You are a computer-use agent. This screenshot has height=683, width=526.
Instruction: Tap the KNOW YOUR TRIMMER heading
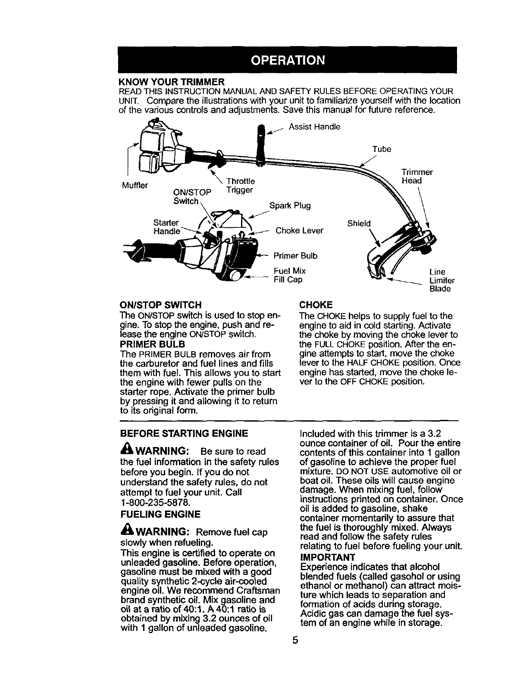click(x=171, y=81)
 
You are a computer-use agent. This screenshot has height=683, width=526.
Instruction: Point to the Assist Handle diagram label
click(x=314, y=127)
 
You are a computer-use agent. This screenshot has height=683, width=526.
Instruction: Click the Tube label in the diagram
click(x=382, y=149)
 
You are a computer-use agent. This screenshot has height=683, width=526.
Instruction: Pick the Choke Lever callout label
click(x=299, y=230)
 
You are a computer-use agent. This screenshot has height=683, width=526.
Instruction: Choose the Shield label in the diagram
click(x=359, y=224)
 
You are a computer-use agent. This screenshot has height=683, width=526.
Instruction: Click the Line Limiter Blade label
click(x=441, y=280)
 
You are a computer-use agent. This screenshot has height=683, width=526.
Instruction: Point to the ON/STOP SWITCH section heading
click(x=160, y=305)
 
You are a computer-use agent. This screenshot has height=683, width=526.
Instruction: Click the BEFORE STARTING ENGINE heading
click(x=184, y=433)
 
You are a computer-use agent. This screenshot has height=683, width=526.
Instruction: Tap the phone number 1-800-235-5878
click(x=155, y=502)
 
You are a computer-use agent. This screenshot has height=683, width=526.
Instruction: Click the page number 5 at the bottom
click(x=295, y=652)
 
